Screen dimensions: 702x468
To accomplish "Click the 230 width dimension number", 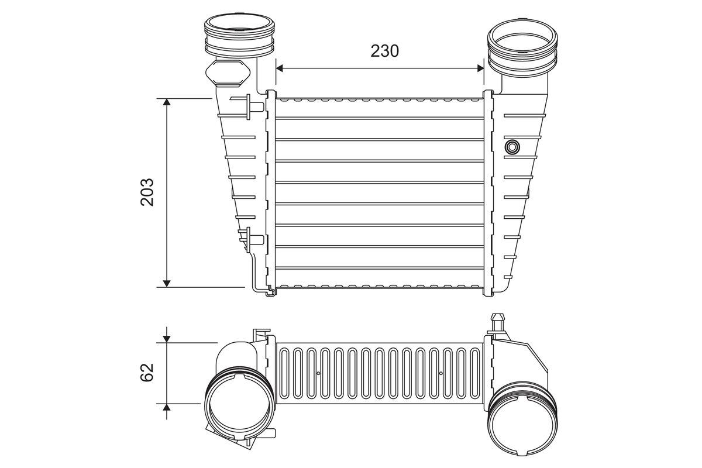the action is [x=384, y=51].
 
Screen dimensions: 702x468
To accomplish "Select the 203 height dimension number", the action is [x=147, y=192].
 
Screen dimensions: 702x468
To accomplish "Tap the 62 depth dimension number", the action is [x=147, y=372].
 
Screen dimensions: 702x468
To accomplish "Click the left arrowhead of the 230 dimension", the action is [x=279, y=68].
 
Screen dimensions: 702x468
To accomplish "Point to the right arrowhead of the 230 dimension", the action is [x=480, y=68].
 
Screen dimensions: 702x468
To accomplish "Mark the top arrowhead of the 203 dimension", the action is [x=167, y=102].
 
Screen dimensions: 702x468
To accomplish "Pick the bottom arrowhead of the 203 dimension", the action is [x=167, y=283].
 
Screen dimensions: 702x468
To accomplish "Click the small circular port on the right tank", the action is [x=512, y=146].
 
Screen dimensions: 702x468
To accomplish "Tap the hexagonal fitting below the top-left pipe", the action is [x=228, y=73].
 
